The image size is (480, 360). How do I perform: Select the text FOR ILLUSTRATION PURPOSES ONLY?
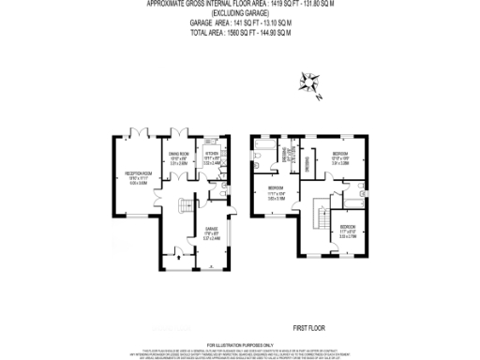click(x=239, y=344)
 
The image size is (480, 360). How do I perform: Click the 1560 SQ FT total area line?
click(x=240, y=33)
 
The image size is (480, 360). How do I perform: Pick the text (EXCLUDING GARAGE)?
click(x=240, y=13)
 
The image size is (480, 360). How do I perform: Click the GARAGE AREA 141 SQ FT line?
click(x=240, y=23)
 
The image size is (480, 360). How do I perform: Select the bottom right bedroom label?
click(x=348, y=229)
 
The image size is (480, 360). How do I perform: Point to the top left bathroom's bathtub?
click(x=265, y=149)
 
